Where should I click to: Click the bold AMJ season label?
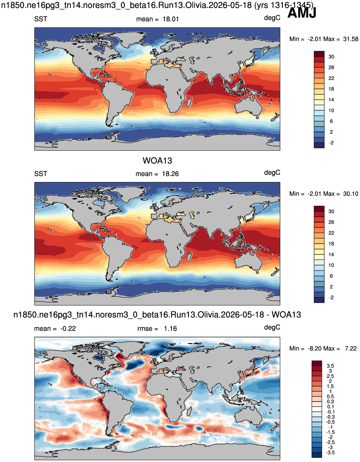pyautogui.click(x=302, y=13)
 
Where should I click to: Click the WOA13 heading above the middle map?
pyautogui.click(x=157, y=161)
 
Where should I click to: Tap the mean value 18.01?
pyautogui.click(x=171, y=19)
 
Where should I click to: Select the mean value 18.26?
pyautogui.click(x=170, y=174)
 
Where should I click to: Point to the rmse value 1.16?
pyautogui.click(x=170, y=328)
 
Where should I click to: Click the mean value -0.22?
pyautogui.click(x=68, y=328)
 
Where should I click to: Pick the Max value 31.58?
pyautogui.click(x=351, y=39)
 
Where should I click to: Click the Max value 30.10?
pyautogui.click(x=351, y=194)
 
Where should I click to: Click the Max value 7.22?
pyautogui.click(x=351, y=348)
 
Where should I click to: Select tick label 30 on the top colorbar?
pyautogui.click(x=331, y=57)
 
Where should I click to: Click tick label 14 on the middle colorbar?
pyautogui.click(x=331, y=254)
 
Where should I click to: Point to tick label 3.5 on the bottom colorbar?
pyautogui.click(x=330, y=366)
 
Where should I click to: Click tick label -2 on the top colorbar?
pyautogui.click(x=331, y=143)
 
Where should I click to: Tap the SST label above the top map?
pyautogui.click(x=41, y=19)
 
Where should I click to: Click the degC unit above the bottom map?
pyautogui.click(x=272, y=327)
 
